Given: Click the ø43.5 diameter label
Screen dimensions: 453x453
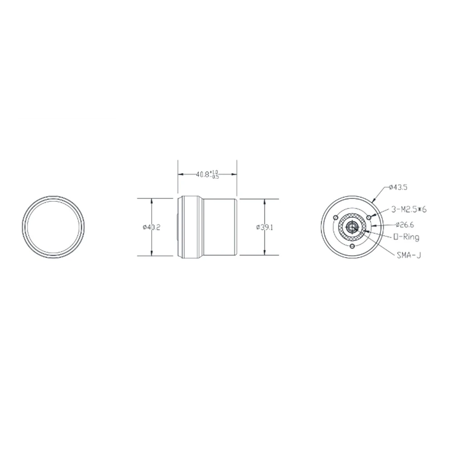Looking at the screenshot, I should tap(393, 186).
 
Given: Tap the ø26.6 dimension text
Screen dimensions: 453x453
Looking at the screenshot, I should tap(404, 224).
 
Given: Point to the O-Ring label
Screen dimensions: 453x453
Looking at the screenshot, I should tap(406, 237).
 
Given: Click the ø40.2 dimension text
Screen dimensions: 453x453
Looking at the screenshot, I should tap(151, 227).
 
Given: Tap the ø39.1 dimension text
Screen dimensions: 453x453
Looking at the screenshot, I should tap(264, 227).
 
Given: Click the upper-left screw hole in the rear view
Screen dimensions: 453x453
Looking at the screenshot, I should tap(335, 218).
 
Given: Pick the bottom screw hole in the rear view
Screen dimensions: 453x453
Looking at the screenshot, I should tap(352, 246).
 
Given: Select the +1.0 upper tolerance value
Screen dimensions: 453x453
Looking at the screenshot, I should tap(215, 172).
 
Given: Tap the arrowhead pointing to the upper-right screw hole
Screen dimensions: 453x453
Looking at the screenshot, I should tap(372, 216).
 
